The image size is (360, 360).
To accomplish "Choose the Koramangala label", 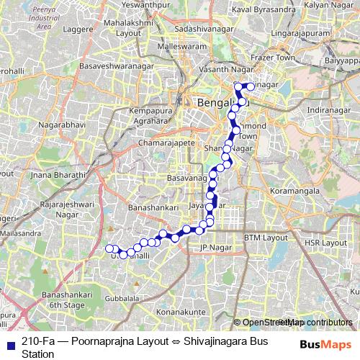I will click(297, 192).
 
